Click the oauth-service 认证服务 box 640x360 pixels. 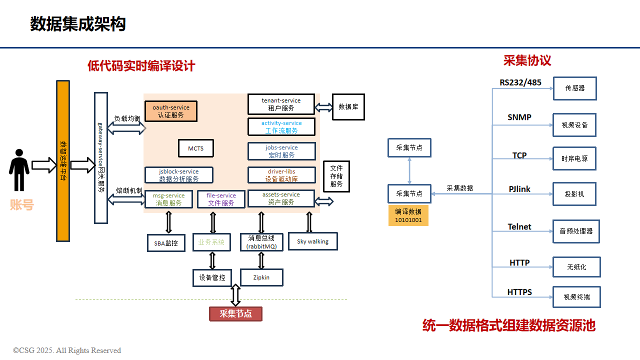pos(171,111)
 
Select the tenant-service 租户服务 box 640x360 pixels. pos(281,104)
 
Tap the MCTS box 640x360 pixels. pos(196,148)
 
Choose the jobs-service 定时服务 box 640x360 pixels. pos(281,151)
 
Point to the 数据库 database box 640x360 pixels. pos(348,107)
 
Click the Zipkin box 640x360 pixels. pos(261,277)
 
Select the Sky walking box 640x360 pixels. pos(313,241)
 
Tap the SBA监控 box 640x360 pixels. pos(166,243)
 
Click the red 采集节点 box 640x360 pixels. pos(235,314)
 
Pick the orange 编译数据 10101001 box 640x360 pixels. pos(408,215)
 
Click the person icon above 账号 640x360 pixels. pos(19,170)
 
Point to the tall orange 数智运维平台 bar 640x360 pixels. pos(63,161)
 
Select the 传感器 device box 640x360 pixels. pos(575,88)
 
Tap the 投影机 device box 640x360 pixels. pos(574,194)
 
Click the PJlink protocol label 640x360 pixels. pos(519,189)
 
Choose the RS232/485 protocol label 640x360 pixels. pos(520,82)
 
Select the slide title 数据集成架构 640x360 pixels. pos(78,24)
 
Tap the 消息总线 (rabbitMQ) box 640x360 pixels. pos(261,242)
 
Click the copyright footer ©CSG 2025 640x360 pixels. pos(67,350)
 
